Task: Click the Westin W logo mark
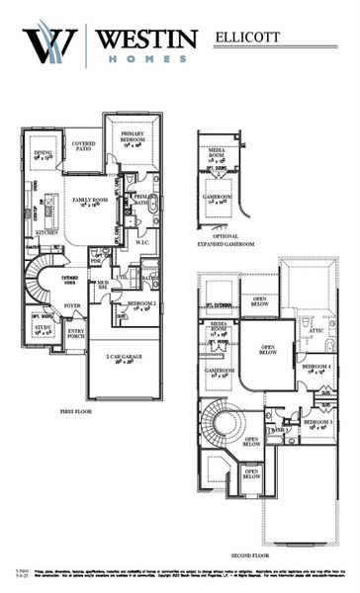click(x=49, y=44)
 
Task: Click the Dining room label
click(x=44, y=155)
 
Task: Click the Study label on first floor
click(x=43, y=329)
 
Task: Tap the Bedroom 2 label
click(x=141, y=305)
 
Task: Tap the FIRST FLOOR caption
click(x=76, y=408)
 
